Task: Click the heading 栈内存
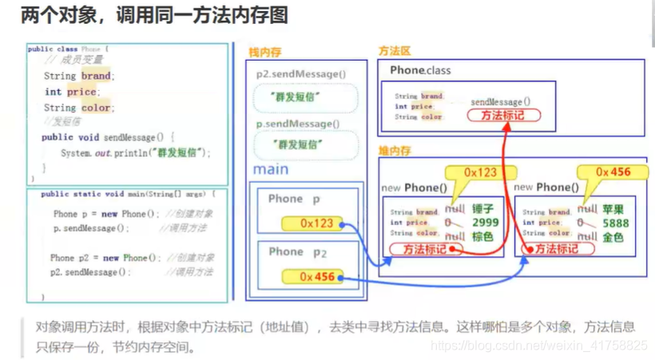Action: [x=264, y=52]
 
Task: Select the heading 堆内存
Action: [x=395, y=150]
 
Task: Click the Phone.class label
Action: [x=420, y=71]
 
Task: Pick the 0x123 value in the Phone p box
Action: [x=316, y=224]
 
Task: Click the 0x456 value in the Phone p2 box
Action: [x=316, y=277]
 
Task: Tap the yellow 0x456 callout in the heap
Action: [x=613, y=172]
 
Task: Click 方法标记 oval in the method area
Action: [x=503, y=117]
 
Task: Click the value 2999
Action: [x=485, y=224]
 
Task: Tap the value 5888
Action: [x=616, y=224]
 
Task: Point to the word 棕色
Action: [x=483, y=237]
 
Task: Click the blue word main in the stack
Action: [x=271, y=169]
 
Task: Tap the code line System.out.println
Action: [x=136, y=152]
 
